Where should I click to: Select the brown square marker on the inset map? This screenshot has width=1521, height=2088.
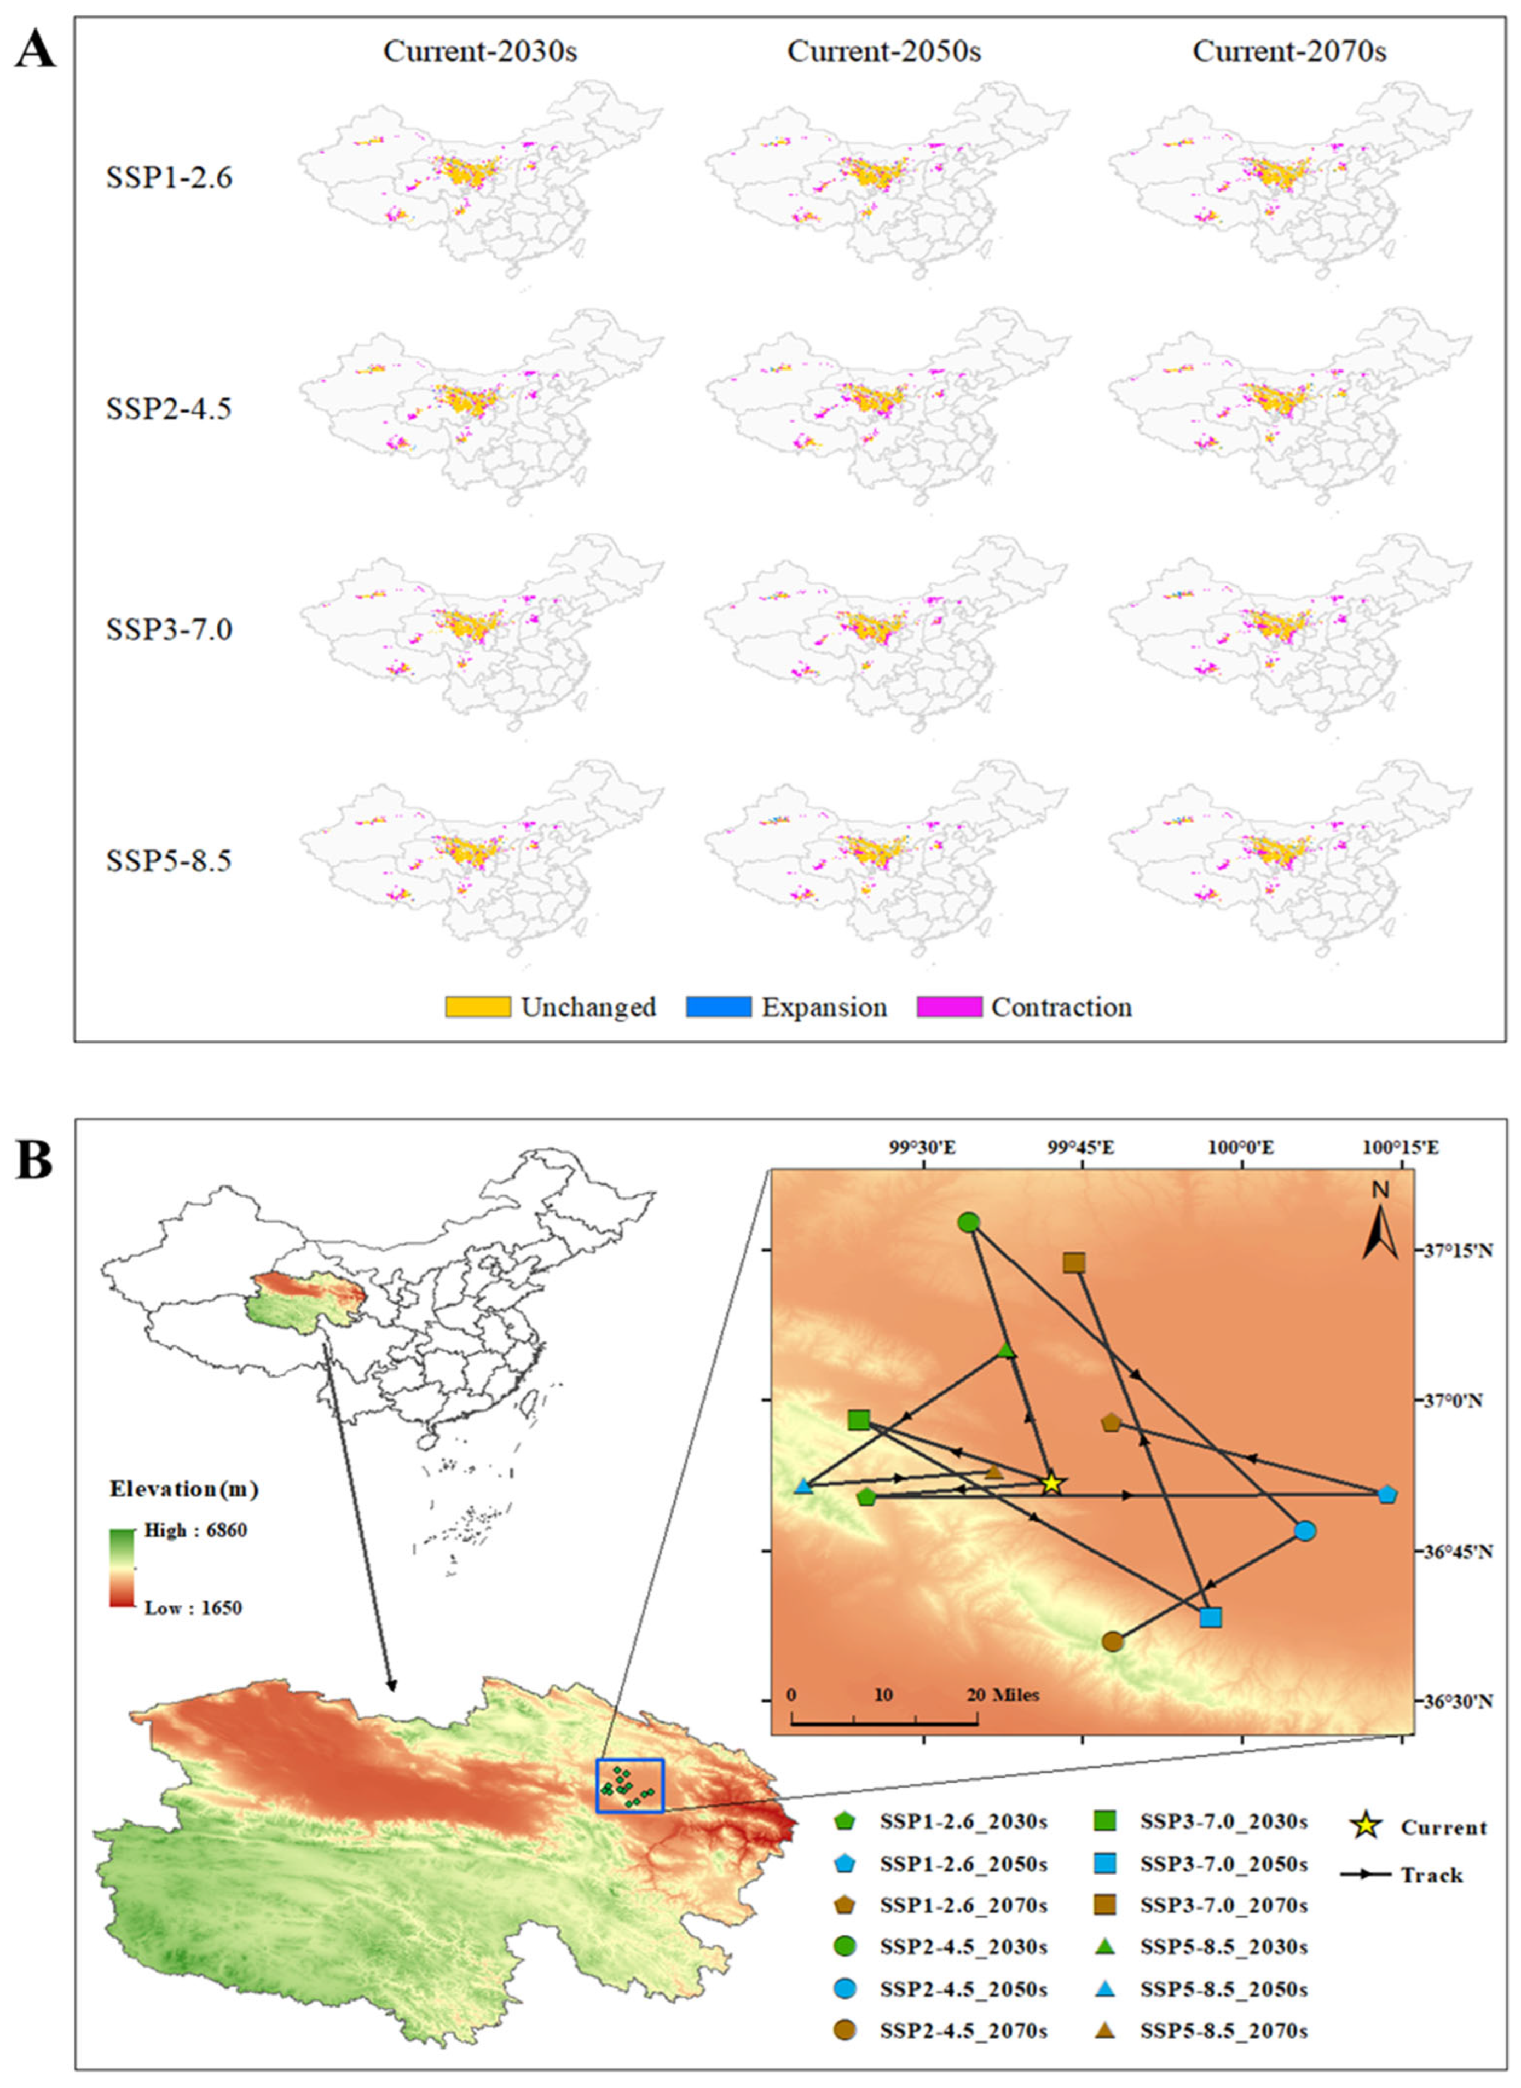click(x=1073, y=1262)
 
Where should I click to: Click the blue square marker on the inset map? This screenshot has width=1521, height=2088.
click(x=1211, y=1617)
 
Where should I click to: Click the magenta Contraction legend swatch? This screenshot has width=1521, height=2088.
click(x=949, y=1007)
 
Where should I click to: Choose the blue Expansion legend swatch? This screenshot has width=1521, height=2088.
click(x=718, y=1007)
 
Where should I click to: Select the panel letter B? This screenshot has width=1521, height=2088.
click(x=34, y=1162)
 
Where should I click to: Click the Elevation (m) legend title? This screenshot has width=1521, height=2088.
click(x=184, y=1489)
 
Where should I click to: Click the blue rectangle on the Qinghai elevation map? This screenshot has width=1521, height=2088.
click(x=630, y=1786)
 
